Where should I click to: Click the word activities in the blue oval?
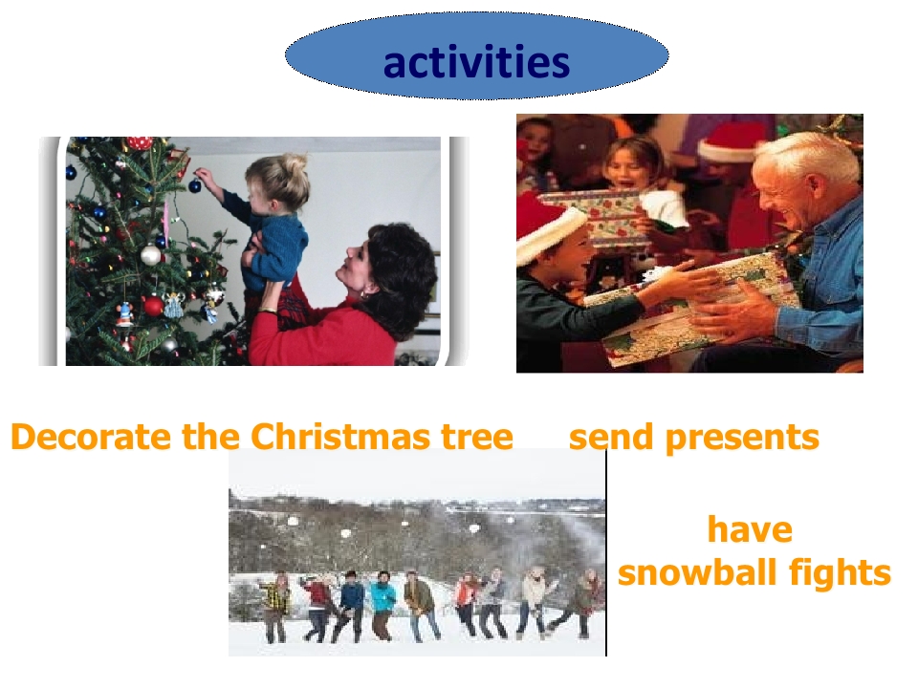476,62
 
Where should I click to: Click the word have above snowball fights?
750,529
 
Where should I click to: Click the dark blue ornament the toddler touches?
195,185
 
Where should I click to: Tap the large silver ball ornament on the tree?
151,255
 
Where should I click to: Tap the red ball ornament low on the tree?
153,305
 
